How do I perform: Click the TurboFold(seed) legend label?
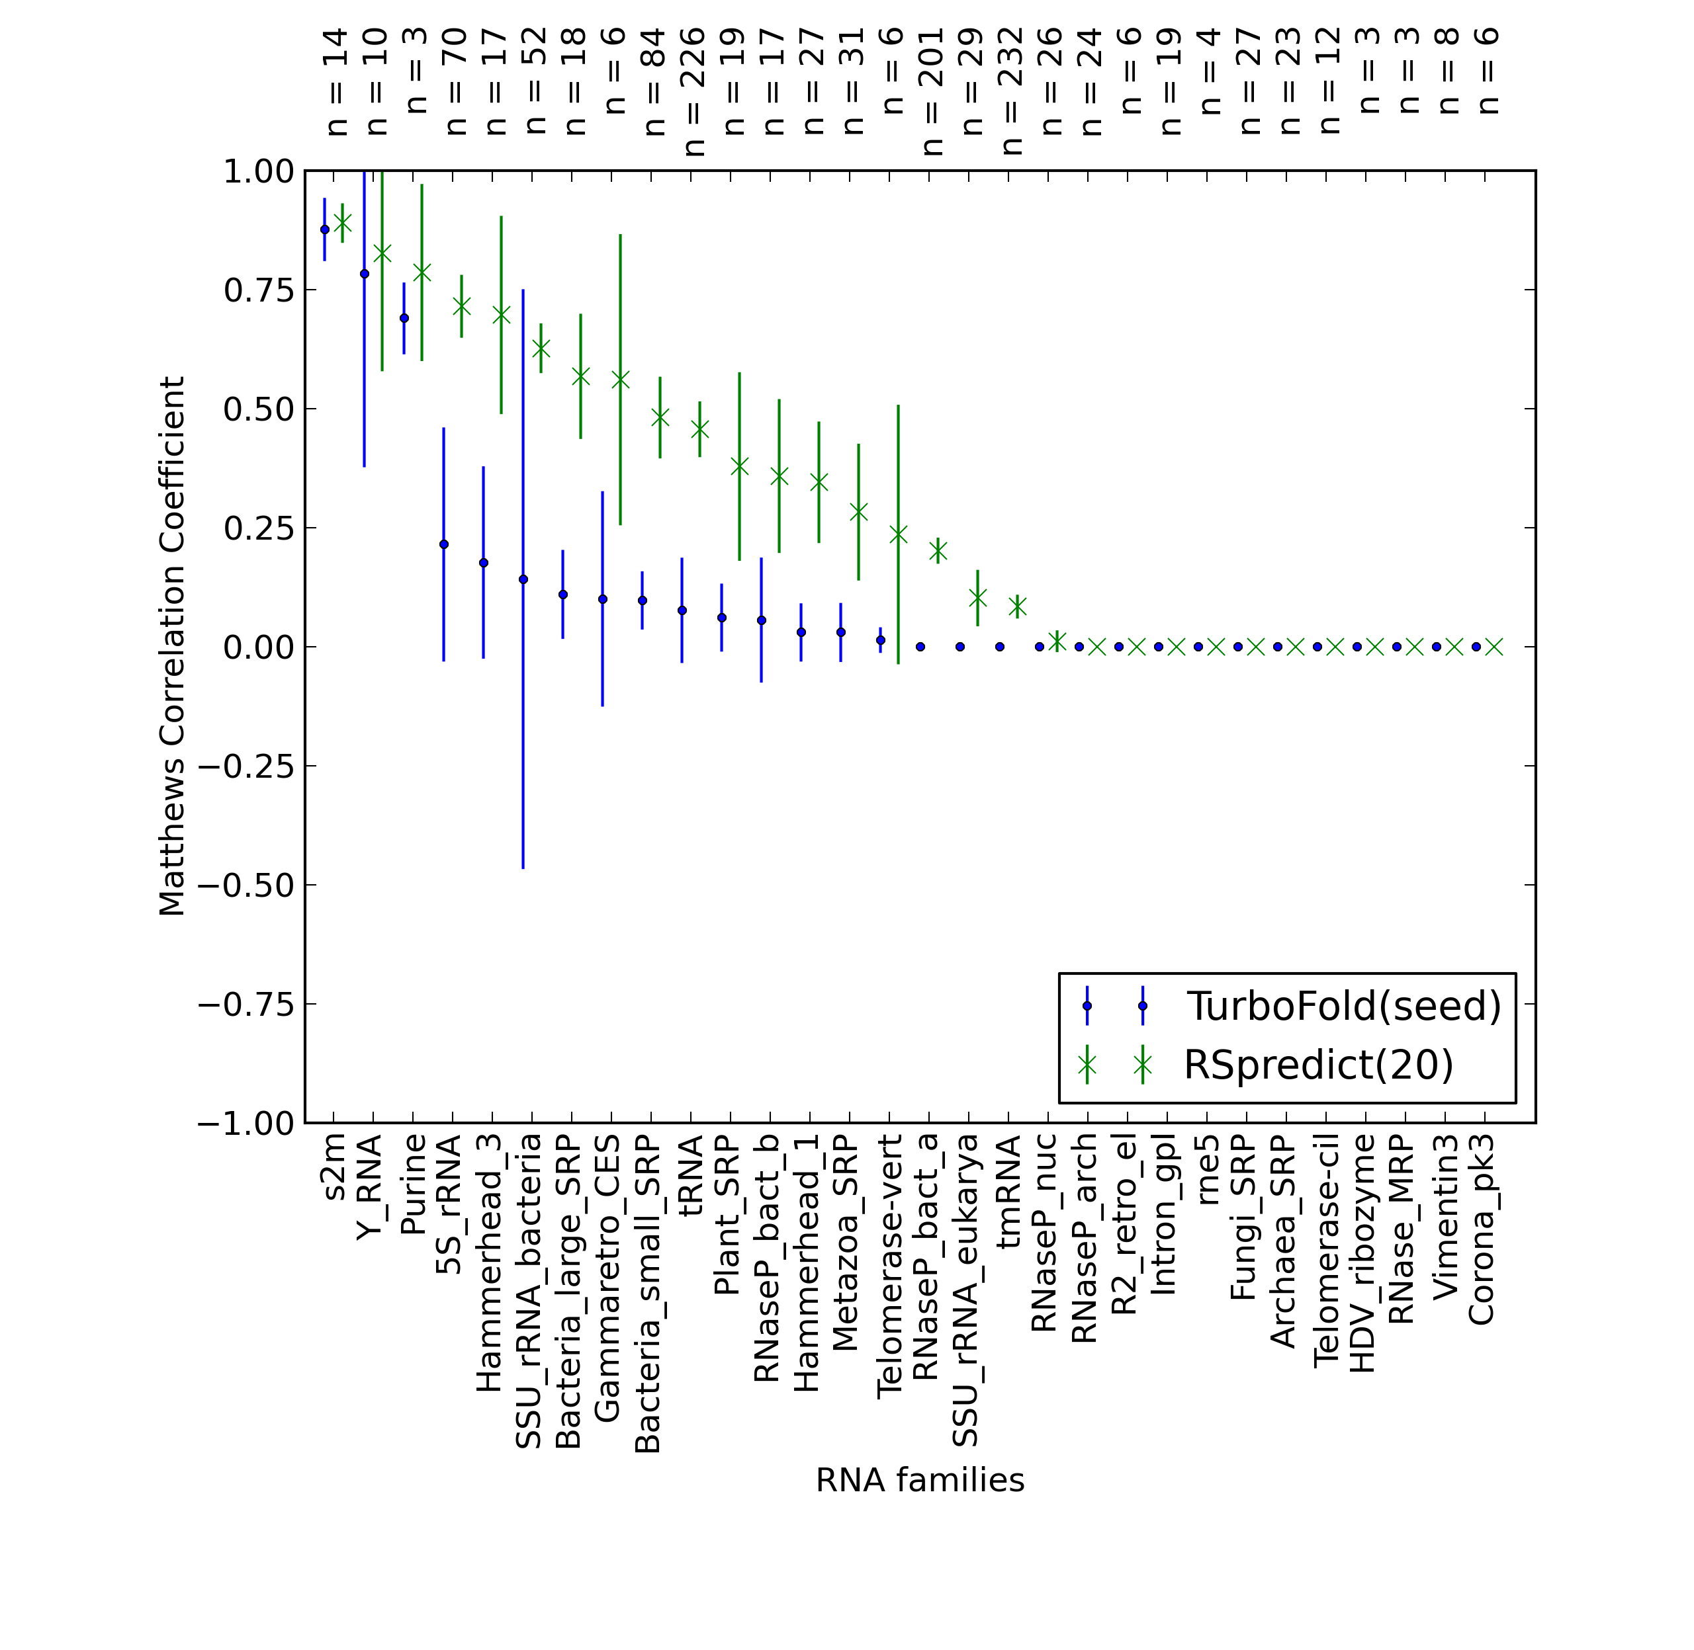(1344, 1006)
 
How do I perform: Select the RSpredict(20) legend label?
(1319, 1065)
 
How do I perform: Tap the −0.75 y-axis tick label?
(246, 1005)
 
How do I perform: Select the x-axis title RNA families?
(920, 1480)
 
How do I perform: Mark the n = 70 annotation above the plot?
(456, 81)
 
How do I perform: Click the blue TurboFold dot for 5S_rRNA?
(444, 544)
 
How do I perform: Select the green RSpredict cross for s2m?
(343, 224)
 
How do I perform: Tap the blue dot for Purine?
(404, 318)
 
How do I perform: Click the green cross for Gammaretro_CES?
(621, 380)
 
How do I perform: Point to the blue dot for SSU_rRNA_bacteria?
(523, 579)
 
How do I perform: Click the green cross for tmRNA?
(1018, 606)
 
